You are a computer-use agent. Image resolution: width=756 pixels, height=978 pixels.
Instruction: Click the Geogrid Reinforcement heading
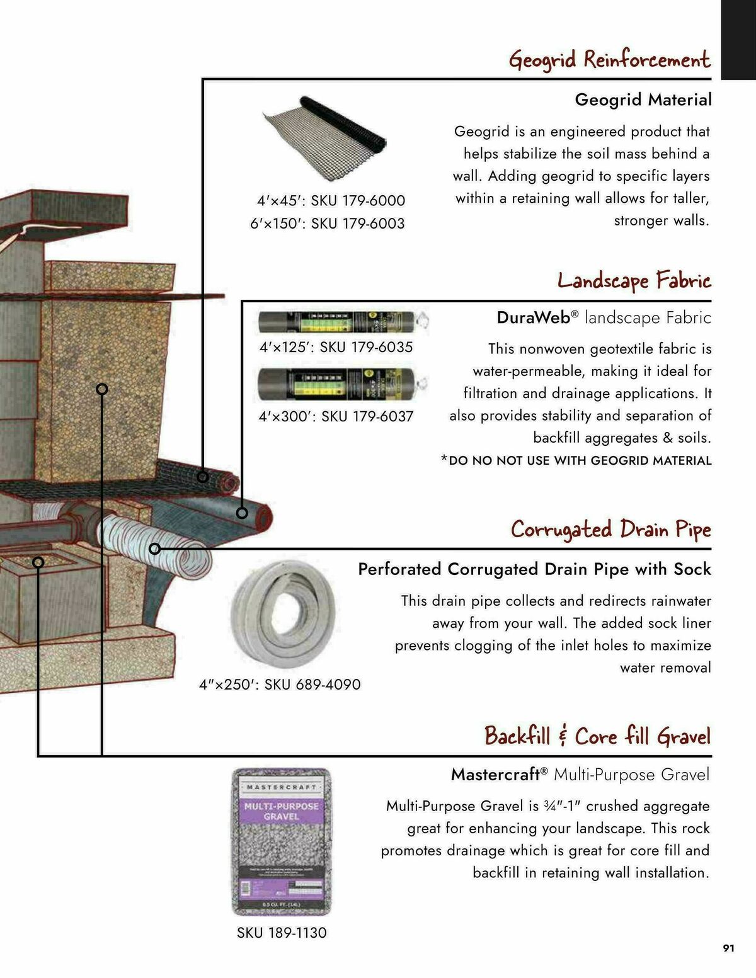tap(609, 60)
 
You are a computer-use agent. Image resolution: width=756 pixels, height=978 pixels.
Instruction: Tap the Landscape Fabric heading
tap(634, 280)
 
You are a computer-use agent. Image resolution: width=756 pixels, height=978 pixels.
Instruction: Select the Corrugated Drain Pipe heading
tap(610, 529)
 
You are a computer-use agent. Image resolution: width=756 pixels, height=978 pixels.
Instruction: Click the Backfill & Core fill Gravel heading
tap(597, 736)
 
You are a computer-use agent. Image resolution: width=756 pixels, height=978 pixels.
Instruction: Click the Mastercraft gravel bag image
tap(282, 841)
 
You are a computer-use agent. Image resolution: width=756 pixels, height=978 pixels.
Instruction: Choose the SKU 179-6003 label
tap(327, 224)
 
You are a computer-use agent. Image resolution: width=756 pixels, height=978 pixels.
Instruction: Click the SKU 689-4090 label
tap(280, 685)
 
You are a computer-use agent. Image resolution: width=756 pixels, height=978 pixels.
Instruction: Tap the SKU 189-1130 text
tap(282, 933)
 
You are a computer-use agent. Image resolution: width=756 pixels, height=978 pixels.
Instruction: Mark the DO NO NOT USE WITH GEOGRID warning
tap(576, 460)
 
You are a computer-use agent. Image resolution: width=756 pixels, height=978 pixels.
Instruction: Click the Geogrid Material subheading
tap(643, 100)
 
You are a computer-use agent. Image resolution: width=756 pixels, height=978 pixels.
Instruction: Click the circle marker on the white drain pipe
tap(155, 549)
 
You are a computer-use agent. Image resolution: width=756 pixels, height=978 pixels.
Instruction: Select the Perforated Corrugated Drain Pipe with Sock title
tap(534, 569)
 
